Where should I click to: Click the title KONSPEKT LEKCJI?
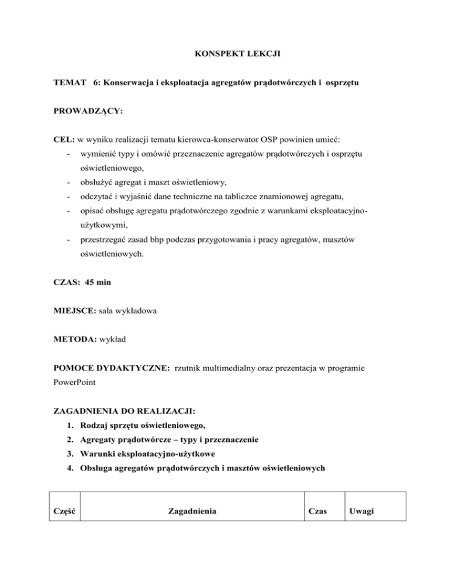click(224, 59)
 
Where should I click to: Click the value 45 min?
click(99, 282)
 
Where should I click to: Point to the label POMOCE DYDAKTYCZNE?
click(109, 369)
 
